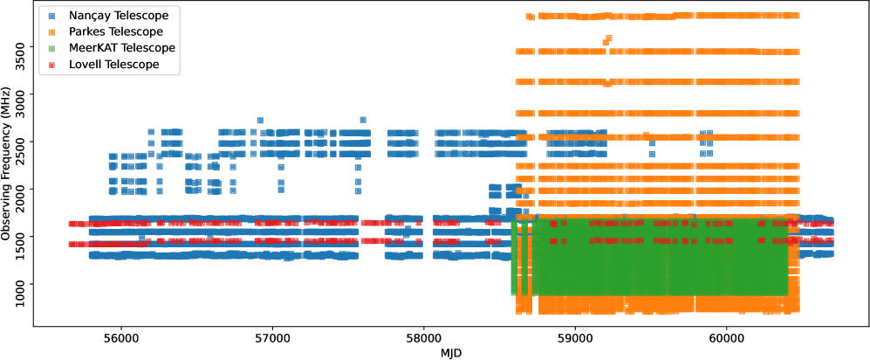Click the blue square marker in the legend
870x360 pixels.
pos(52,15)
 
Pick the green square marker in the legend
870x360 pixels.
pos(52,48)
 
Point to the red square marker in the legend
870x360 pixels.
pos(52,65)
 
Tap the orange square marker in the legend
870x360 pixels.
pos(52,31)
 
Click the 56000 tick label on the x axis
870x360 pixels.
pos(120,337)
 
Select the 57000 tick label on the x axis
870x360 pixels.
pos(271,337)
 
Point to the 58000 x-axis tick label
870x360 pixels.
pos(423,337)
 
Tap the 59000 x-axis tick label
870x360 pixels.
pos(575,337)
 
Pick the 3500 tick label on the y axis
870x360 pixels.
pos(24,46)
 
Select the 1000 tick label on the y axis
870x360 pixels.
pos(24,284)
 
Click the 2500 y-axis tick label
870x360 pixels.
pos(24,142)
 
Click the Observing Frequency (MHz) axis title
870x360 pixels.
pos(8,164)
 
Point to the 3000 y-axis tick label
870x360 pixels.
pos(24,94)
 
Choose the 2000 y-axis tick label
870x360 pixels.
pos(24,189)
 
